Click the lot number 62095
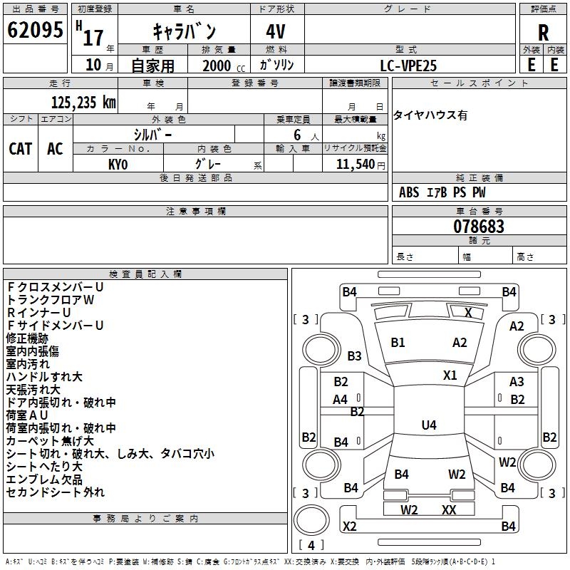pos(35,31)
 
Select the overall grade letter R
pos(543,32)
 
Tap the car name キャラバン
pos(185,31)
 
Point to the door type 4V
pos(277,31)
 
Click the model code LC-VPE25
pos(408,65)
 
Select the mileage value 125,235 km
pos(83,103)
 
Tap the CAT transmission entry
pos(20,148)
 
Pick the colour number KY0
pos(118,164)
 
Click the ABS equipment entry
pos(409,192)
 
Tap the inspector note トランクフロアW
pos(50,300)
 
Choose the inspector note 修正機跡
pos(27,338)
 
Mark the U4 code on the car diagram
pos(429,425)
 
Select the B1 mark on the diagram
pos(398,342)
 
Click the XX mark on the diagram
pos(449,509)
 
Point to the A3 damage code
pos(517,382)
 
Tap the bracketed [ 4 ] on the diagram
pos(311,545)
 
